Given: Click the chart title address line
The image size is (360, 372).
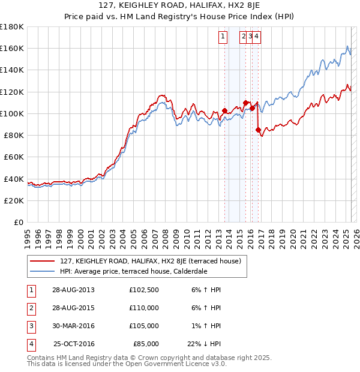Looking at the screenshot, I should (x=179, y=7).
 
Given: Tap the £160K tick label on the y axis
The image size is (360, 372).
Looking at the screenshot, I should (x=12, y=49).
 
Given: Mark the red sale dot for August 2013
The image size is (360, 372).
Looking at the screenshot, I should (x=224, y=111).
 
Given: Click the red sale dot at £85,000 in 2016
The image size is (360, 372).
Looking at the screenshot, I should (x=258, y=130).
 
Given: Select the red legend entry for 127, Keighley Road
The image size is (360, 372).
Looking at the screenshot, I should (x=150, y=261).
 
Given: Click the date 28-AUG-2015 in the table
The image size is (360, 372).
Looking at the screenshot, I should (x=74, y=308).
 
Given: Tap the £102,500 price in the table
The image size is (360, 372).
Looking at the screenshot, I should (x=143, y=290).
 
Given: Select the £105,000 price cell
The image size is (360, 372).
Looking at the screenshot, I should (x=143, y=326).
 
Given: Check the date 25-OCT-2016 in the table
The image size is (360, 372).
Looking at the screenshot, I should (x=74, y=344).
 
